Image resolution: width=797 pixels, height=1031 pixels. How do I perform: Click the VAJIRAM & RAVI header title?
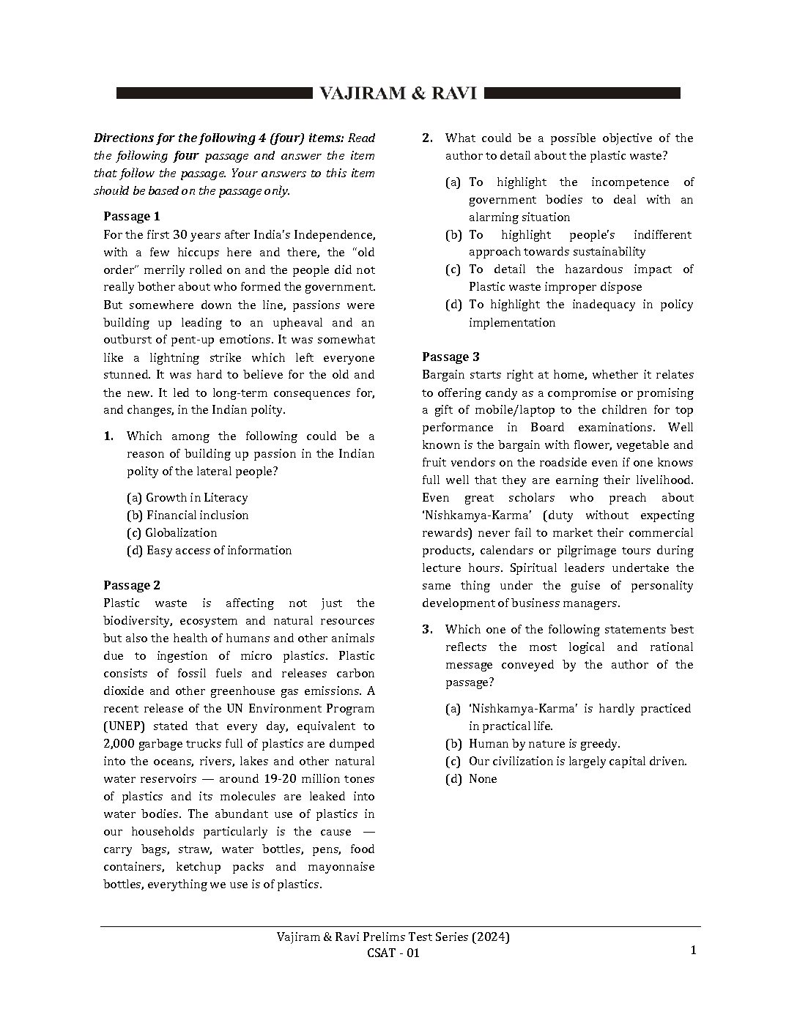point(398,94)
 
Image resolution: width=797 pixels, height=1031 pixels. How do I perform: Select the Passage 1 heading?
point(131,216)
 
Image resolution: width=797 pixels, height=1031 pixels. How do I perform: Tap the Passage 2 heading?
point(131,585)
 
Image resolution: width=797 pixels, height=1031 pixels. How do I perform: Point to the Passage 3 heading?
point(451,357)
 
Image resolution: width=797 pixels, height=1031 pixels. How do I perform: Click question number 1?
point(108,436)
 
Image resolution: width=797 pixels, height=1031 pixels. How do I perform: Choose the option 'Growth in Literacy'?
point(188,498)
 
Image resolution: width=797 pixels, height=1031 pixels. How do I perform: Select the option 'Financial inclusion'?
point(188,515)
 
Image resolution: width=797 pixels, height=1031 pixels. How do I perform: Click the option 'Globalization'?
point(172,533)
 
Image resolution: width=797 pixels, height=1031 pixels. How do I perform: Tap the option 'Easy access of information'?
point(210,551)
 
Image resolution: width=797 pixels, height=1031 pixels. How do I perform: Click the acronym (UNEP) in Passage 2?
point(125,726)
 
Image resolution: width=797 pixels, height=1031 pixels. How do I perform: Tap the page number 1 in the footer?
point(693,950)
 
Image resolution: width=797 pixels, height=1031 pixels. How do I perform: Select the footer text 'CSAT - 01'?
point(393,953)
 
